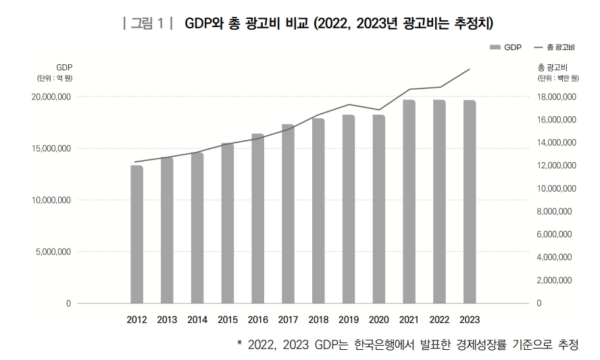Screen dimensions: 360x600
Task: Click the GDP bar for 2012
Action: point(136,234)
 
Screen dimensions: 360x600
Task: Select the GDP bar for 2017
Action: point(288,213)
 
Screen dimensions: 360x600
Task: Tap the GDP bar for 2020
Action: point(378,209)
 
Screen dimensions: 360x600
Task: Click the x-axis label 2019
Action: point(349,320)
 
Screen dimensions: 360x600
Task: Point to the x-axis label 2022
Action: point(439,320)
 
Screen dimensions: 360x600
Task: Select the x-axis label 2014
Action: point(197,320)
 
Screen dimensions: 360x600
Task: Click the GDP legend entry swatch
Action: point(495,48)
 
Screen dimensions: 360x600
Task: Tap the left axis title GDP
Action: point(64,67)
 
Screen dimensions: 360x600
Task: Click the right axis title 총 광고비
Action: point(552,67)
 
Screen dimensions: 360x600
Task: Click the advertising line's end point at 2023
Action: point(470,69)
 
